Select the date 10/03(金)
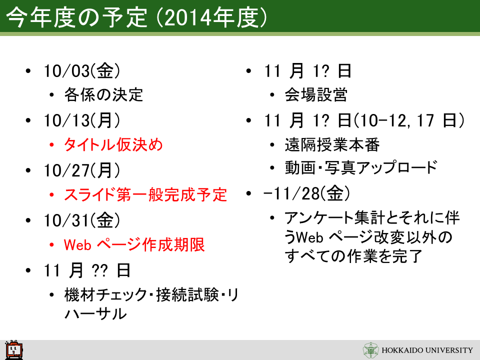click(81, 70)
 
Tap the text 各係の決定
click(103, 94)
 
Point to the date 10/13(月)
click(81, 120)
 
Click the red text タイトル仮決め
click(113, 144)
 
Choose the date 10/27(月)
click(81, 170)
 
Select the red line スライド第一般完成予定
click(145, 194)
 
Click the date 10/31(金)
click(81, 220)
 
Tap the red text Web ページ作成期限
click(134, 244)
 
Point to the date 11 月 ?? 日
click(87, 270)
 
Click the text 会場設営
click(316, 94)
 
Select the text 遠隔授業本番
click(332, 144)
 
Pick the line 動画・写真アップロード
click(361, 167)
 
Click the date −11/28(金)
click(306, 193)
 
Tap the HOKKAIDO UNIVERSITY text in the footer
click(427, 350)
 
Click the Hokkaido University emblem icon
click(370, 350)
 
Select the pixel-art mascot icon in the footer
click(14, 349)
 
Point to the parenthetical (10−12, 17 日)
click(409, 120)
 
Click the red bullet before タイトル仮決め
click(51, 144)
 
